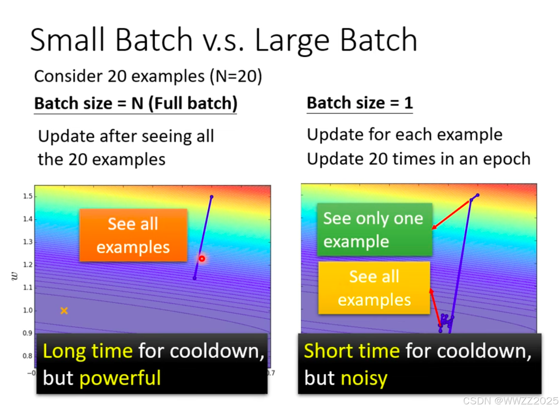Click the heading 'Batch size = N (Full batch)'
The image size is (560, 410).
[136, 104]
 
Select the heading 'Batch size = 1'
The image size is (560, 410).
[360, 103]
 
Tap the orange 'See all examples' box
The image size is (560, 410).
[133, 235]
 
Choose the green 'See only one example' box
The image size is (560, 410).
[374, 230]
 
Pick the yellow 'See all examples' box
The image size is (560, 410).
[374, 288]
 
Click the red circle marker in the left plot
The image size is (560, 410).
[202, 259]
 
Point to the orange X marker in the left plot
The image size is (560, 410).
[64, 311]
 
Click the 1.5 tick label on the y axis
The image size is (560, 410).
[28, 197]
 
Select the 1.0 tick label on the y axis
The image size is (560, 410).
[28, 311]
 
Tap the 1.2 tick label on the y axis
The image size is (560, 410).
[28, 265]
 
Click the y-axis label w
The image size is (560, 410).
[15, 276]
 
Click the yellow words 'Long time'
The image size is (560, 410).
[88, 351]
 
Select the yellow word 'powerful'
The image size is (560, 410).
[120, 378]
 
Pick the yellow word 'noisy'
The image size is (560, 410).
[364, 379]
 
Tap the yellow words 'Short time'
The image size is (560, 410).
[352, 351]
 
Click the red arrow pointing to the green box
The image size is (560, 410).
[450, 215]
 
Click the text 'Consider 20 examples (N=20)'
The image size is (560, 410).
[148, 76]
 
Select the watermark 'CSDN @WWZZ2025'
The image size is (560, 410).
[510, 401]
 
